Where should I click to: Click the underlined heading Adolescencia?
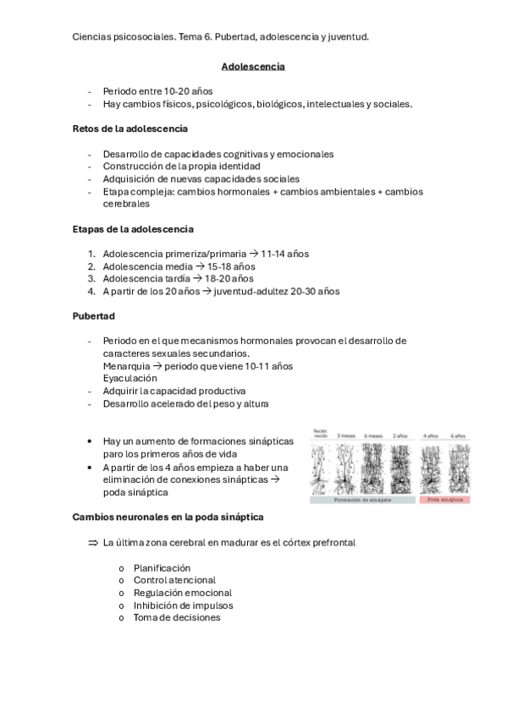point(253,66)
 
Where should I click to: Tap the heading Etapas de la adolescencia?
point(133,229)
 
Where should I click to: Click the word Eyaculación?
point(130,379)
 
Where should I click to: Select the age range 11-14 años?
point(285,254)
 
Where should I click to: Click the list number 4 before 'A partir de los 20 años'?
point(91,292)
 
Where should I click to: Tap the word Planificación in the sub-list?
point(162,568)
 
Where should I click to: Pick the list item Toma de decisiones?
point(177,618)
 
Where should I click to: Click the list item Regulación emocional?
point(182,594)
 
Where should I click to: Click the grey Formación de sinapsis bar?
point(362,500)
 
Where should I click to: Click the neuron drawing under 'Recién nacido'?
point(321,468)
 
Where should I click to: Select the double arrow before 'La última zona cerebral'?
point(93,542)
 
